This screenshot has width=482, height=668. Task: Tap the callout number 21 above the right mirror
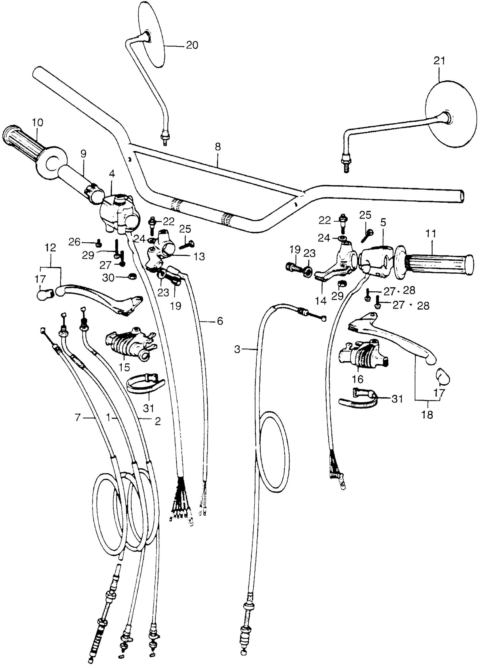[439, 61]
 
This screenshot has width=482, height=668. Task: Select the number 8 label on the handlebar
[218, 147]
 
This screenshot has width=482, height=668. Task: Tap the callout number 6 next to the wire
[220, 321]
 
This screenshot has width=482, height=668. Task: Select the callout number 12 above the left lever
[50, 248]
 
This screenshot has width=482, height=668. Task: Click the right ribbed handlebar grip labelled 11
[436, 262]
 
